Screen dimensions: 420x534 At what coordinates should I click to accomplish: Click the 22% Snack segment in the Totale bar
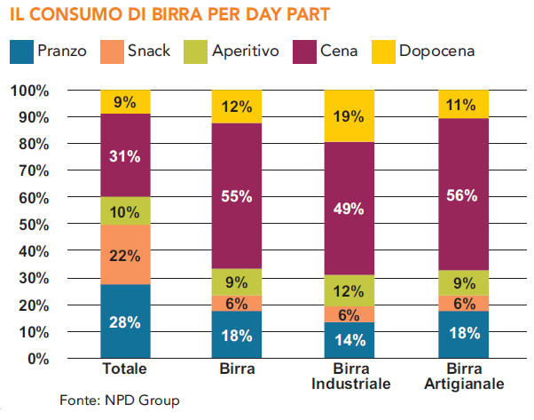[x=125, y=255]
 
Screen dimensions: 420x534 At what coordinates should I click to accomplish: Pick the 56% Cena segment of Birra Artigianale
[x=463, y=194]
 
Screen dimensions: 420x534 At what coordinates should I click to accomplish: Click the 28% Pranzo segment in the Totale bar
[x=125, y=321]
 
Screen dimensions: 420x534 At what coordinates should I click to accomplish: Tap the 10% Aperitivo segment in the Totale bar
[x=125, y=210]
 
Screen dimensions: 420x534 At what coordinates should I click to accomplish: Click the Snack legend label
[x=150, y=51]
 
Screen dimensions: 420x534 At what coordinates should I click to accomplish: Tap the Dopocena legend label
[x=436, y=51]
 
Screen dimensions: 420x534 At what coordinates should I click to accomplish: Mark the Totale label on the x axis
[x=125, y=368]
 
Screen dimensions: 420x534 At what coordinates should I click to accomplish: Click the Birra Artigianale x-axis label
[x=463, y=376]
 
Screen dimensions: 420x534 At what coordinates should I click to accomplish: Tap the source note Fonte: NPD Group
[x=119, y=400]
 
